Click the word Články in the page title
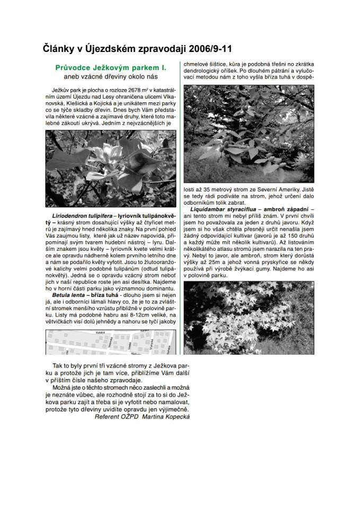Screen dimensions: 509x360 (x=60, y=49)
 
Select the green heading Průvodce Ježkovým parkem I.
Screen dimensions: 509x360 (x=111, y=68)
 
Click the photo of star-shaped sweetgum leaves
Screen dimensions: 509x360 (x=249, y=318)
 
